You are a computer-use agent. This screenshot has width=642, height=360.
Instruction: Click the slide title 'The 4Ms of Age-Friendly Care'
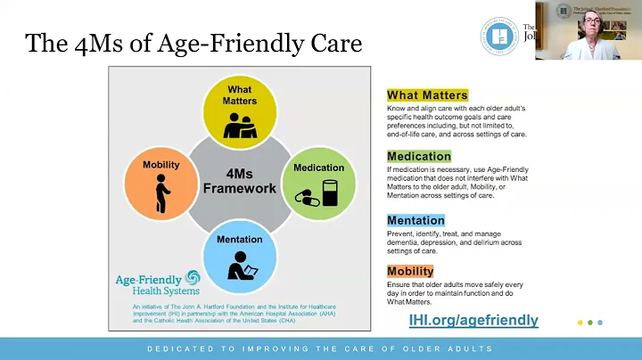click(193, 44)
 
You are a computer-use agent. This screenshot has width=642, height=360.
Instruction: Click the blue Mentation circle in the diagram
click(239, 256)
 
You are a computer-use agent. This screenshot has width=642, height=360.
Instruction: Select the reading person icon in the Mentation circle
click(240, 266)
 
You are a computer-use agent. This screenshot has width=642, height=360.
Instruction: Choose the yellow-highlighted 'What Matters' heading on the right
click(427, 95)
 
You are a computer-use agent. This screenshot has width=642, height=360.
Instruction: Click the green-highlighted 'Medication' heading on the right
click(419, 156)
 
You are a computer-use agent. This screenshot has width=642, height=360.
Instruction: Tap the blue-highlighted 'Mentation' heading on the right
click(416, 220)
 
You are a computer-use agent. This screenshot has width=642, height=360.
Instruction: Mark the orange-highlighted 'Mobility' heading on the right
click(410, 271)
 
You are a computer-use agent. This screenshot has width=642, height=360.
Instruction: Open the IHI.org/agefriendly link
click(473, 320)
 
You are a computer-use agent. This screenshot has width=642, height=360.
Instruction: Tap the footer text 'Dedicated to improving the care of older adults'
click(320, 348)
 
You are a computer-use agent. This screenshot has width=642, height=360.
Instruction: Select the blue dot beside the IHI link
click(600, 323)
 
